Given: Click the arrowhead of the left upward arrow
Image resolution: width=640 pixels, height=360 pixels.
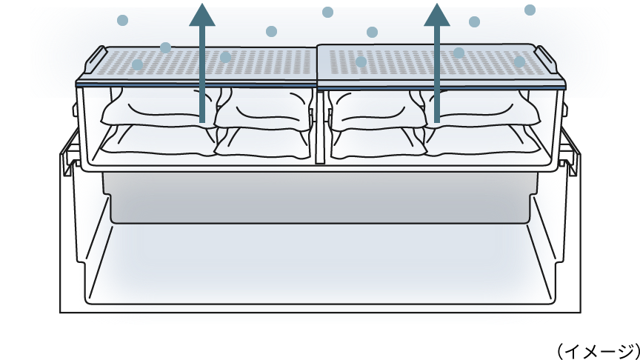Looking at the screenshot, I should point(202,16).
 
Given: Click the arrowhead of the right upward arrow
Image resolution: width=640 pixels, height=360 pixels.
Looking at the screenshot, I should point(437,16).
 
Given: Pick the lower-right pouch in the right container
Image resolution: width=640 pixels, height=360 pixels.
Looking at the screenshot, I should point(485,141).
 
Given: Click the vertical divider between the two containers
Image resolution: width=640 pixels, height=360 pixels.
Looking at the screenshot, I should point(320,126).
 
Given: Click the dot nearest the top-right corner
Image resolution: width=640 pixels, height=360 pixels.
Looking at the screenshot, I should point(530,10).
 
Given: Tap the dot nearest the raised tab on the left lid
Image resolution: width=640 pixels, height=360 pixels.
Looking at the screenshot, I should point(138,65).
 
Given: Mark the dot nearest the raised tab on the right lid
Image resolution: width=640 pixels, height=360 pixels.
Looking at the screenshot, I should point(519,61).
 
